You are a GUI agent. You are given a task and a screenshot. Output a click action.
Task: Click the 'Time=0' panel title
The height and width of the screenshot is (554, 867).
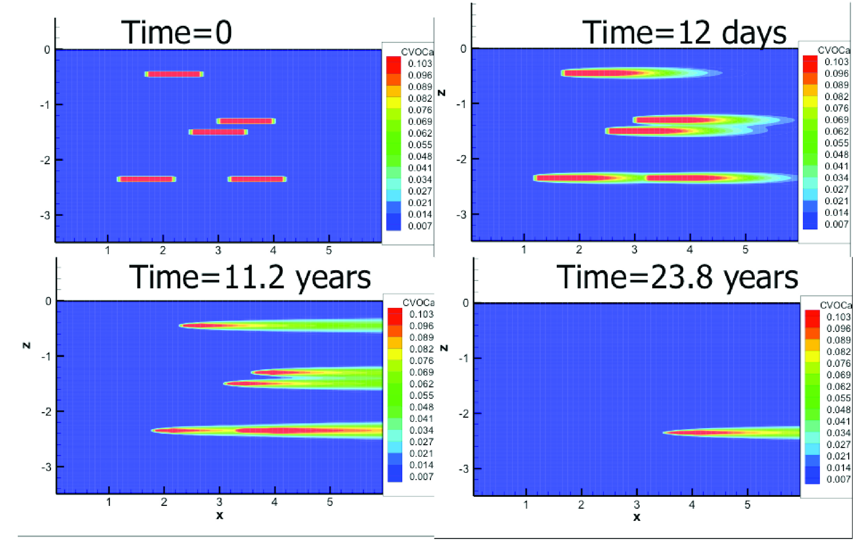point(176,32)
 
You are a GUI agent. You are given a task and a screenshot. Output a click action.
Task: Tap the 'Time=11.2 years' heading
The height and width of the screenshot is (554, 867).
point(250,278)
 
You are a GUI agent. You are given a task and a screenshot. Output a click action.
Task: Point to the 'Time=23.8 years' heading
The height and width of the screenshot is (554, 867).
point(677,278)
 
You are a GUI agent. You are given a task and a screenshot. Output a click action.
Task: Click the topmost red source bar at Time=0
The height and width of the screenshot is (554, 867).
point(174,74)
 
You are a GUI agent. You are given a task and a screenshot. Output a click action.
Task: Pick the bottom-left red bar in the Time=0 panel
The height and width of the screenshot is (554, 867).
point(146,179)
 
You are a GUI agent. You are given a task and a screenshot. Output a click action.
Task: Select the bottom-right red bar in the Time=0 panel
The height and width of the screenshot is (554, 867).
point(257,179)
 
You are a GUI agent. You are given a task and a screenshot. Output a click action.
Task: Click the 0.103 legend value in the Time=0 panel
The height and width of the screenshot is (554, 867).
point(420,64)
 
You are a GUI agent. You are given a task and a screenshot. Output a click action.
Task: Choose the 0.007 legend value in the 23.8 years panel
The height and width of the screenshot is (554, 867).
point(838,479)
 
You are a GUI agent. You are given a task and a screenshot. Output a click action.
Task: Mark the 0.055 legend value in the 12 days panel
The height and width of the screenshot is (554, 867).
point(836,143)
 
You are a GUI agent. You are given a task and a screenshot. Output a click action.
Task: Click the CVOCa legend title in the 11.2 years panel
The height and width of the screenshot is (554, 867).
point(418,303)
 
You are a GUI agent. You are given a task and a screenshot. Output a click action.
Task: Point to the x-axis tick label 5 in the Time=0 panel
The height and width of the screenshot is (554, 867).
point(329,251)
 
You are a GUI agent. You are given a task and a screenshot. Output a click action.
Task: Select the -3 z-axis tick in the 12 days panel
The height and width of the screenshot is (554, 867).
point(461,215)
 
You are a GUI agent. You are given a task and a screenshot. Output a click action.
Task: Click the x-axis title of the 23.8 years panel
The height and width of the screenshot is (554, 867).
point(637,517)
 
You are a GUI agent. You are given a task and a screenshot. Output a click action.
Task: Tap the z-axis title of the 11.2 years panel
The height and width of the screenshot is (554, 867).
point(26,346)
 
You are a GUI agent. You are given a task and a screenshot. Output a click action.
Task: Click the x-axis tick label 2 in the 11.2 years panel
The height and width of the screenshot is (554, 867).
point(164,502)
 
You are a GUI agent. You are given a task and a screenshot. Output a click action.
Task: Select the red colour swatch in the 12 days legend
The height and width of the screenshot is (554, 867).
point(810,63)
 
